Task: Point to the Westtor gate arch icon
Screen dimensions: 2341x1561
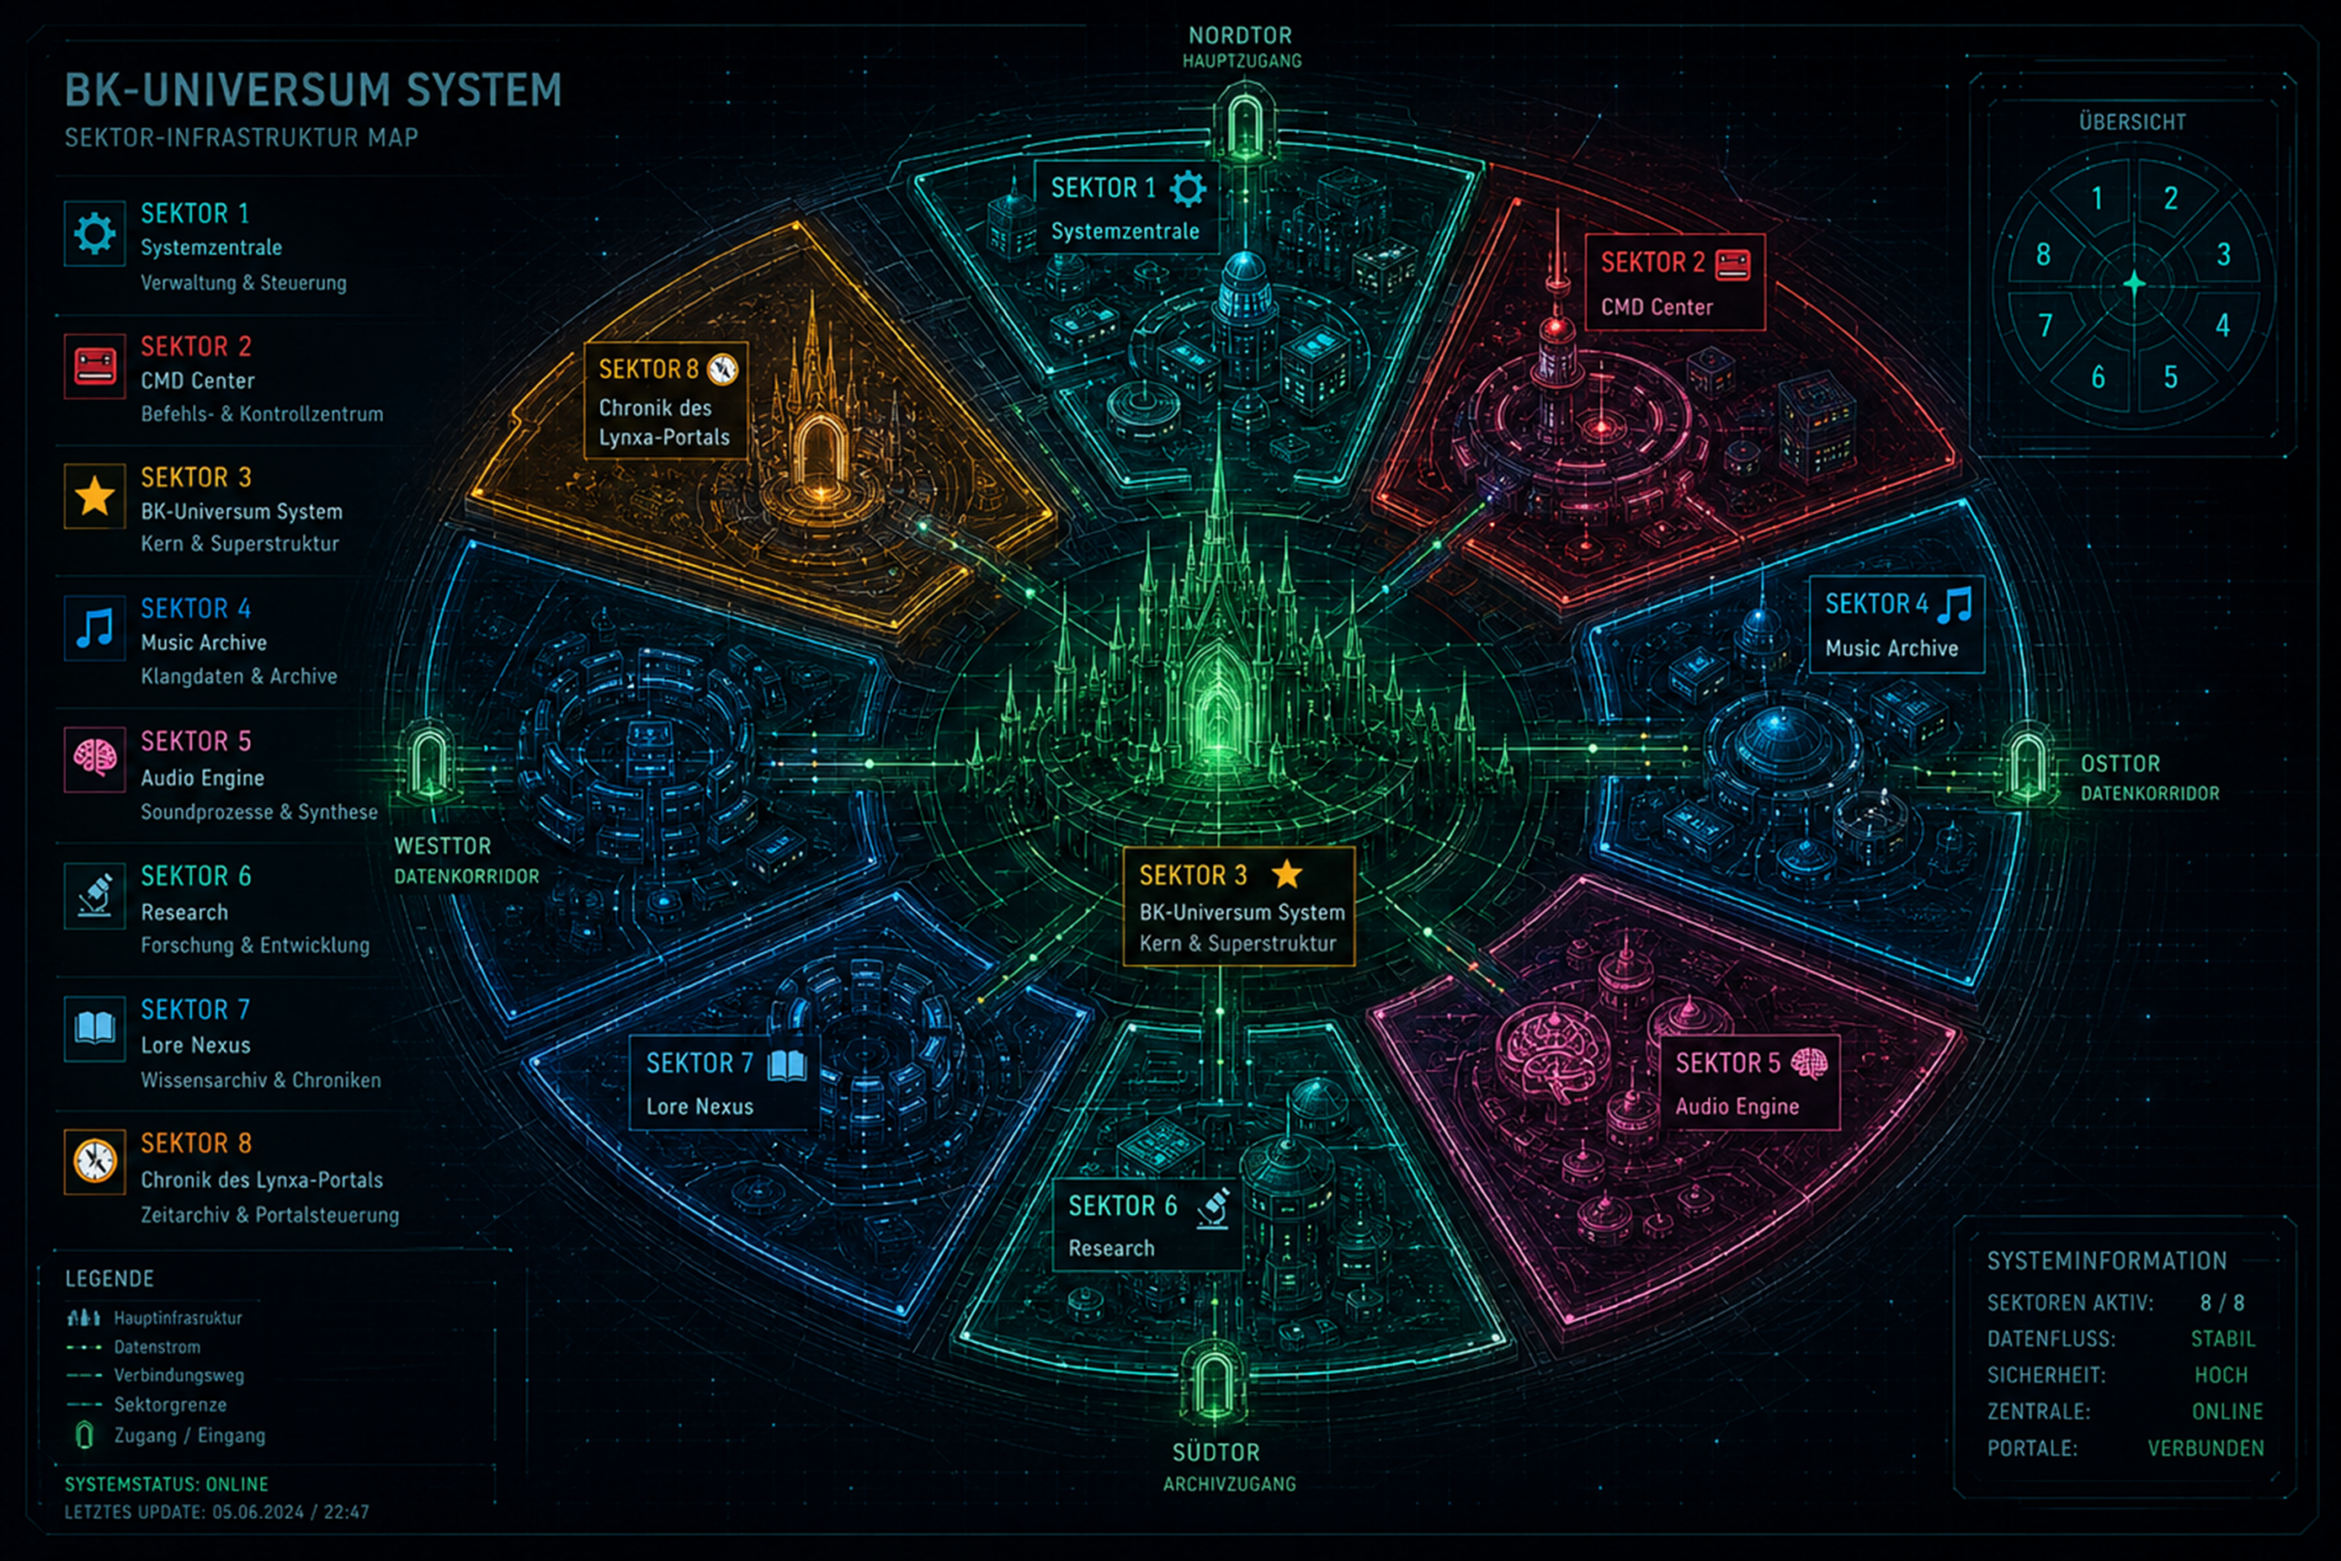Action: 431,764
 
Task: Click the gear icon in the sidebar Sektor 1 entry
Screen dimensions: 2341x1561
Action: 94,234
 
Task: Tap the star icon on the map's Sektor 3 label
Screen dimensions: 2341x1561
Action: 1287,873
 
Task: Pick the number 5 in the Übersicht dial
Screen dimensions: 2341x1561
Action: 2171,378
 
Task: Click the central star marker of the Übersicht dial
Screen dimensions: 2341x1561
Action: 2134,283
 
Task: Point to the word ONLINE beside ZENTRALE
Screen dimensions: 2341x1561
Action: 2228,1412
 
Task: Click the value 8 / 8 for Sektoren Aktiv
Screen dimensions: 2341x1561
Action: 2221,1303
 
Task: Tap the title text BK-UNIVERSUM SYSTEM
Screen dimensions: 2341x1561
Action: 314,90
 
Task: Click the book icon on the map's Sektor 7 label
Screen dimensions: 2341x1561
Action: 787,1064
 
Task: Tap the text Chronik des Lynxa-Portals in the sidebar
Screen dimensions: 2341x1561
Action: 262,1181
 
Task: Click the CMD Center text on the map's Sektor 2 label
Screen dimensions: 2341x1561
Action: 1656,306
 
